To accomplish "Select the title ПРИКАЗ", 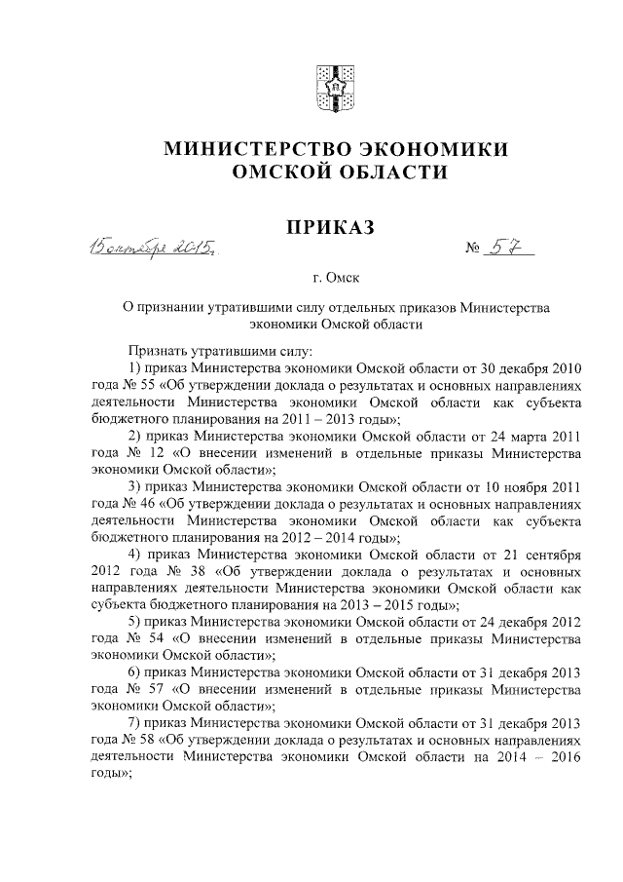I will click(328, 228).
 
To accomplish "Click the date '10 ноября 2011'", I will click(535, 487).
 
